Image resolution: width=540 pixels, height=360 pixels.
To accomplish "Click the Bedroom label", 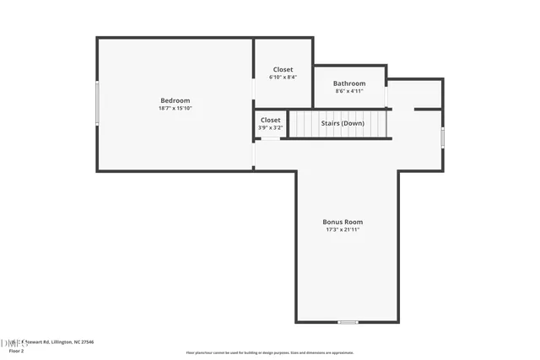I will [x=175, y=100].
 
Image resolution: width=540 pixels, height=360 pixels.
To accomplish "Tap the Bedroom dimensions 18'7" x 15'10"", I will [x=175, y=108].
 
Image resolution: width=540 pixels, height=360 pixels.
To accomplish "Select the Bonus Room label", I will [x=343, y=222].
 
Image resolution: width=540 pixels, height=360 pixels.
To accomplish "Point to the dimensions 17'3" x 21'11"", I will [x=343, y=229].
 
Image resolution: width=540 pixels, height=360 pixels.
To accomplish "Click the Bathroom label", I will [x=349, y=83].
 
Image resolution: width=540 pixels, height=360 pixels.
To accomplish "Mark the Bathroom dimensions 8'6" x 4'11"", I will [x=349, y=91].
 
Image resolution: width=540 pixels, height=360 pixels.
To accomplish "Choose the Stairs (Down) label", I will [x=343, y=123].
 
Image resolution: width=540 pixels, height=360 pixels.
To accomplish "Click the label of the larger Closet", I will [x=283, y=69].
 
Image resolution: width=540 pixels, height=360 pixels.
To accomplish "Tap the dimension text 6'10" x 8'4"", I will [x=283, y=77].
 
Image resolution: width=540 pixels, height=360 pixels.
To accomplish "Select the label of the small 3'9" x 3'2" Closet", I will [x=270, y=120].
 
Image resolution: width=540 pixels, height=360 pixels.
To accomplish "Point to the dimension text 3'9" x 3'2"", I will [x=270, y=127].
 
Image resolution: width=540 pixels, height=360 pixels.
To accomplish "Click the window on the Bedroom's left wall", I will [x=98, y=103].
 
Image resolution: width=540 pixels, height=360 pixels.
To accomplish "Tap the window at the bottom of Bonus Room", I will [x=348, y=322].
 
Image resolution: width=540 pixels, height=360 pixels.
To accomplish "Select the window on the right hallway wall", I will [x=442, y=137].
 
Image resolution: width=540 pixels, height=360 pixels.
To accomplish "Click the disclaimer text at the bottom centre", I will [x=270, y=353].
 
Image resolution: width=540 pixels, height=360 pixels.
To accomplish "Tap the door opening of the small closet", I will [x=269, y=138].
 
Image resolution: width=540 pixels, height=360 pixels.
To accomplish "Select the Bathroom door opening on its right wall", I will [x=386, y=96].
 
